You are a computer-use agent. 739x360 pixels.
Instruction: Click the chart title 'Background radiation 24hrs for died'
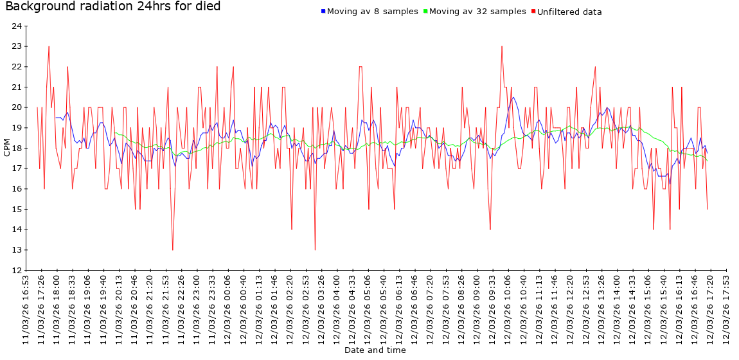113,6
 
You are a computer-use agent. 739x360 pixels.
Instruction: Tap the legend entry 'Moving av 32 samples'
477,12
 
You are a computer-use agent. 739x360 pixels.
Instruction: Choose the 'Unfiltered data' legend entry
569,12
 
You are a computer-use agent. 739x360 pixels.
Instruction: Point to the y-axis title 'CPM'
7,148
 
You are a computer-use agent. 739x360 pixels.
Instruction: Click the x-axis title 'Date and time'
375,350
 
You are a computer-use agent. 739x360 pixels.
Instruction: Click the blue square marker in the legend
323,12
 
